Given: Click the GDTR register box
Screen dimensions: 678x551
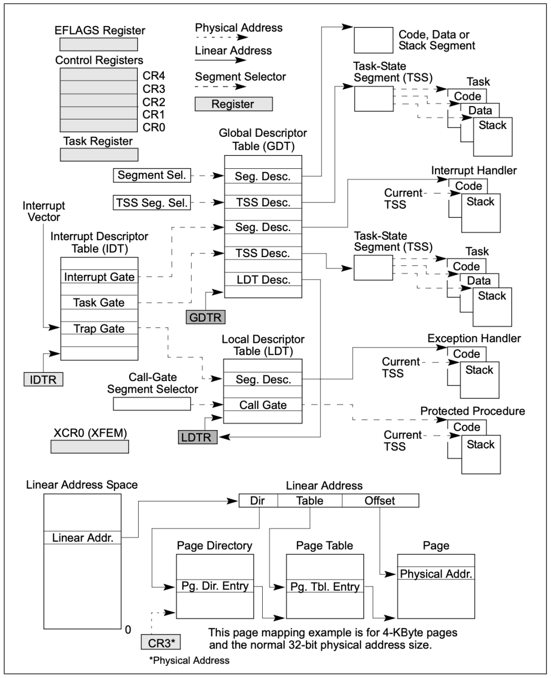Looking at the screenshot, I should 205,317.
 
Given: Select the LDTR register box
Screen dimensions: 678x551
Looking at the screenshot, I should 197,437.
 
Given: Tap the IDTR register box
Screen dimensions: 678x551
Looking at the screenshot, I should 43,380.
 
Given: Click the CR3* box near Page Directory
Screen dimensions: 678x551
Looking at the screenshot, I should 161,643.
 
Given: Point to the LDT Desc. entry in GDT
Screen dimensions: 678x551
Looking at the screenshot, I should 263,280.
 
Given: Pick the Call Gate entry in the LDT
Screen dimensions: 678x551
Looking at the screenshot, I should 263,405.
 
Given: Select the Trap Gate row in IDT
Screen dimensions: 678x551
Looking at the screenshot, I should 99,329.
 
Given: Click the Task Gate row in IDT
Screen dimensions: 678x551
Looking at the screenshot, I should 99,303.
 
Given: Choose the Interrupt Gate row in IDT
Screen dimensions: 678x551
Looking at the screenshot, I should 99,277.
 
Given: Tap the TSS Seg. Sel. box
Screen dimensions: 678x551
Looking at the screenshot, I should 152,203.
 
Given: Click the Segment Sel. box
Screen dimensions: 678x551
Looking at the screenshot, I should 152,175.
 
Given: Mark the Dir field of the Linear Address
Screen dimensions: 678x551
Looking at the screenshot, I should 258,501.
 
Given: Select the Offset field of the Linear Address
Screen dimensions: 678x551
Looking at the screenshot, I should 380,501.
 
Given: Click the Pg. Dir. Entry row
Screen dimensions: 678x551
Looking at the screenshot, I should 215,586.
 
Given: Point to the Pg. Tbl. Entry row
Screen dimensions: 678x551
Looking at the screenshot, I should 325,587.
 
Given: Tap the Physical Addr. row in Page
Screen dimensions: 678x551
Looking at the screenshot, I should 436,574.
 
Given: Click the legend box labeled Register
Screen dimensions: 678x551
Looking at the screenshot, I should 233,104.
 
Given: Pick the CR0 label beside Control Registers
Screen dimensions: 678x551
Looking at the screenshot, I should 154,127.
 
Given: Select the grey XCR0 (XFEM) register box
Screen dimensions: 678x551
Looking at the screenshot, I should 90,447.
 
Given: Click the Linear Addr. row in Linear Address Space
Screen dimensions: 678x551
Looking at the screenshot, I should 83,538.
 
